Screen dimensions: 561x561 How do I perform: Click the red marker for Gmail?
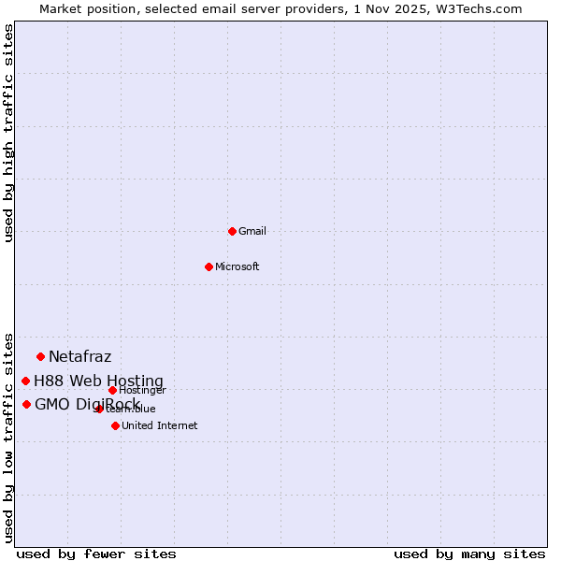pyautogui.click(x=232, y=231)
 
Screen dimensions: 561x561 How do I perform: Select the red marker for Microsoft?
pyautogui.click(x=209, y=266)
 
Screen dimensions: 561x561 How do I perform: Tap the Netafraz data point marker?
pyautogui.click(x=40, y=356)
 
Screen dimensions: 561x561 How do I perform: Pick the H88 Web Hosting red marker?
pyautogui.click(x=25, y=381)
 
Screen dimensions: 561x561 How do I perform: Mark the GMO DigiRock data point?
pyautogui.click(x=26, y=404)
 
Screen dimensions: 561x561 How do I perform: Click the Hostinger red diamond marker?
pyautogui.click(x=112, y=390)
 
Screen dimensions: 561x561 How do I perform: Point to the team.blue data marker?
pyautogui.click(x=99, y=409)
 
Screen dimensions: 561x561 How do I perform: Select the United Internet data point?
pyautogui.click(x=115, y=425)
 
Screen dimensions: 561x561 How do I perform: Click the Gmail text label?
pyautogui.click(x=252, y=232)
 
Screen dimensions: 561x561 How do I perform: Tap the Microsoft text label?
pyautogui.click(x=237, y=267)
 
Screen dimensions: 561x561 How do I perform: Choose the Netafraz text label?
pyautogui.click(x=80, y=356)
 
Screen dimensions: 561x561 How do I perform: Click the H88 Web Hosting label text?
pyautogui.click(x=98, y=381)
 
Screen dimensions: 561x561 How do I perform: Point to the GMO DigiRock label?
pyautogui.click(x=87, y=404)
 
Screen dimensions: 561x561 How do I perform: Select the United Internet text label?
pyautogui.click(x=160, y=426)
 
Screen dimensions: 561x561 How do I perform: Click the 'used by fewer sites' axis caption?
pyautogui.click(x=96, y=554)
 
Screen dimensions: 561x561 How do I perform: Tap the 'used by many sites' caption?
pyautogui.click(x=469, y=554)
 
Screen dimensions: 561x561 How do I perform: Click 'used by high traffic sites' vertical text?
pyautogui.click(x=8, y=133)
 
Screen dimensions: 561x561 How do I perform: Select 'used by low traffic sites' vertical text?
pyautogui.click(x=8, y=437)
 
